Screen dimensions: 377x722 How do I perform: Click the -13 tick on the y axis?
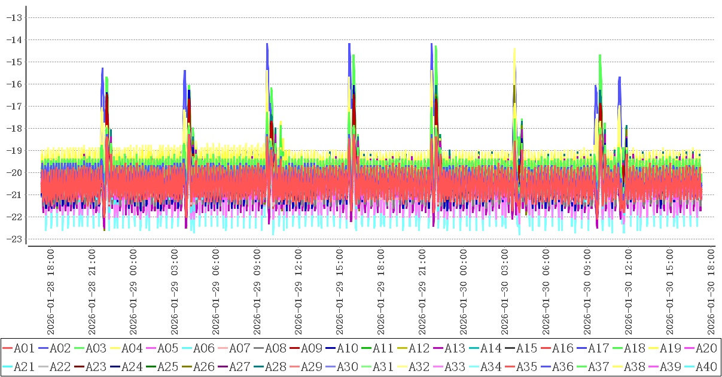(x=14, y=17)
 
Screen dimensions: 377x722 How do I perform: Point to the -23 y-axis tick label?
(x=14, y=239)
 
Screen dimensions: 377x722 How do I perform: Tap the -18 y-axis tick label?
(x=14, y=128)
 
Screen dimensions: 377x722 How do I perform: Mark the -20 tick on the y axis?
(x=14, y=172)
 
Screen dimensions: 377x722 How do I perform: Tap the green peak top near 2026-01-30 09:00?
(x=599, y=56)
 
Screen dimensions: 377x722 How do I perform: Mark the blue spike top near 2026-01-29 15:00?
(x=349, y=44)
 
